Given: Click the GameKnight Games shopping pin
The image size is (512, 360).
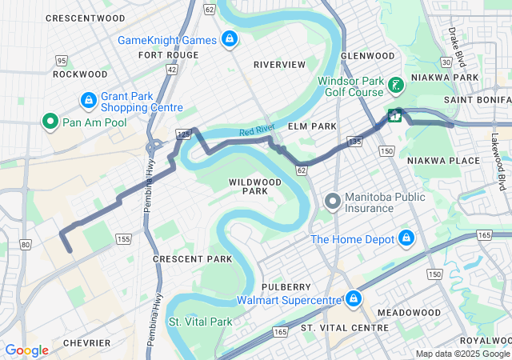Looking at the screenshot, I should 230,39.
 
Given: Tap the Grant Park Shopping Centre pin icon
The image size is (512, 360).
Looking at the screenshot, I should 89,101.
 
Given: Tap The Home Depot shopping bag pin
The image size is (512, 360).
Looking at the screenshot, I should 406,238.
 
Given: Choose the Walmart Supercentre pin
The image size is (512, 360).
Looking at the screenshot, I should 353,300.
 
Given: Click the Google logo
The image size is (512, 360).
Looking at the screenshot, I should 26,350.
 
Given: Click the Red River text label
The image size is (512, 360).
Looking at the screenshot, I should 258,132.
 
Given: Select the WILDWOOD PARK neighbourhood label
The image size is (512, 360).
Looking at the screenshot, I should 255,186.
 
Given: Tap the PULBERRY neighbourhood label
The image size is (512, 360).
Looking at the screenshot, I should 286,286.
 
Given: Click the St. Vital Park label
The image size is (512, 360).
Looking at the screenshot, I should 199,322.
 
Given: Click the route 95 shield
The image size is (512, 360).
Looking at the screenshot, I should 61,60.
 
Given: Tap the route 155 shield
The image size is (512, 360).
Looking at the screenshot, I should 122,238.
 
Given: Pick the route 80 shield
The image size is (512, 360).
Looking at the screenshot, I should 26,244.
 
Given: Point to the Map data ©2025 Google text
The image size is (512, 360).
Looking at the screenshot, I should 462,354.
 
